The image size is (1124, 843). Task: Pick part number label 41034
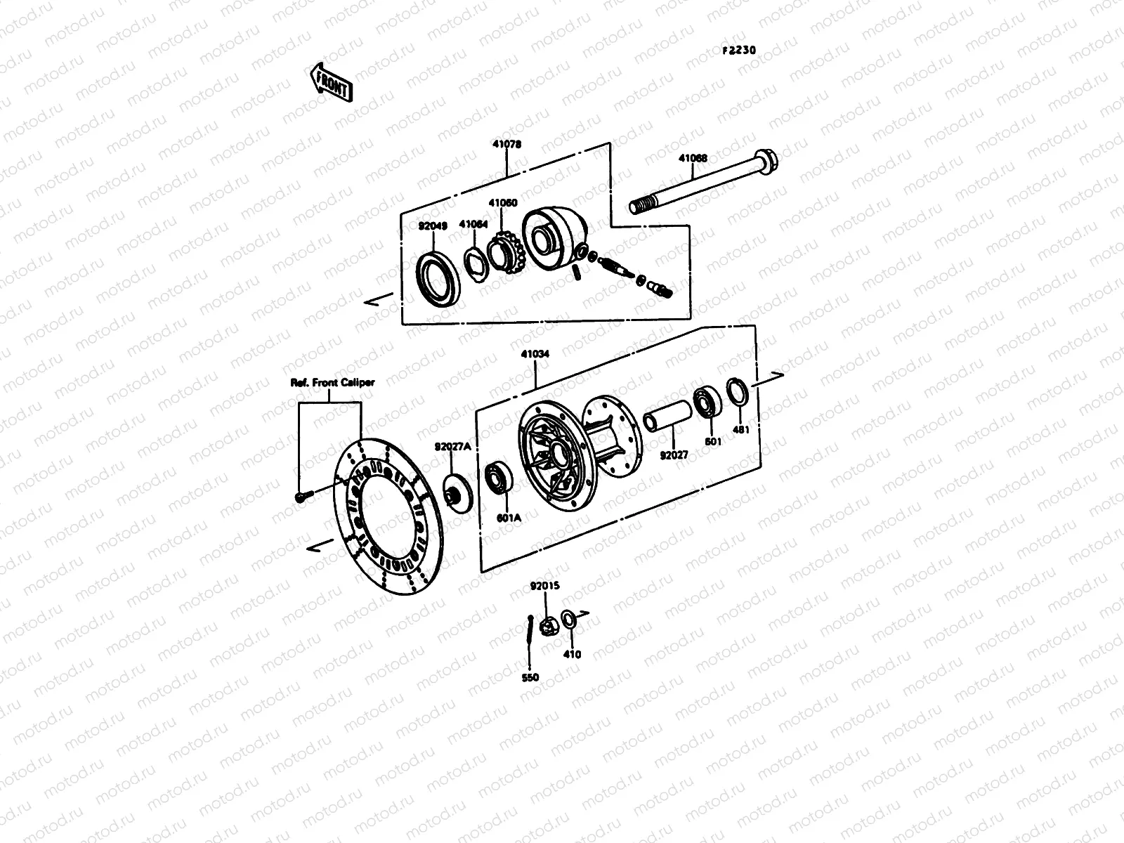click(x=535, y=355)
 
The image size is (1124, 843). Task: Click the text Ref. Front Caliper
click(x=332, y=383)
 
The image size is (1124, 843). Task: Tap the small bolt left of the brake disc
click(x=301, y=497)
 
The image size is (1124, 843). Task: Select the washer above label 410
click(x=570, y=619)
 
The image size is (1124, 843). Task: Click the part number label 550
click(x=530, y=677)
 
